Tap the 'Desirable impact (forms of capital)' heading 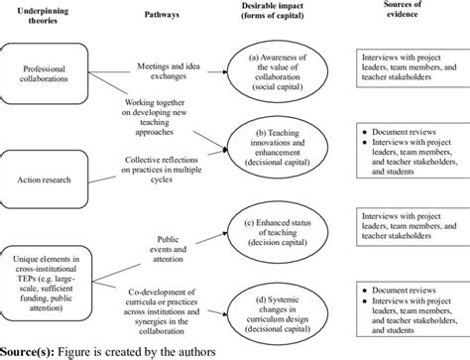click(x=273, y=17)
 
